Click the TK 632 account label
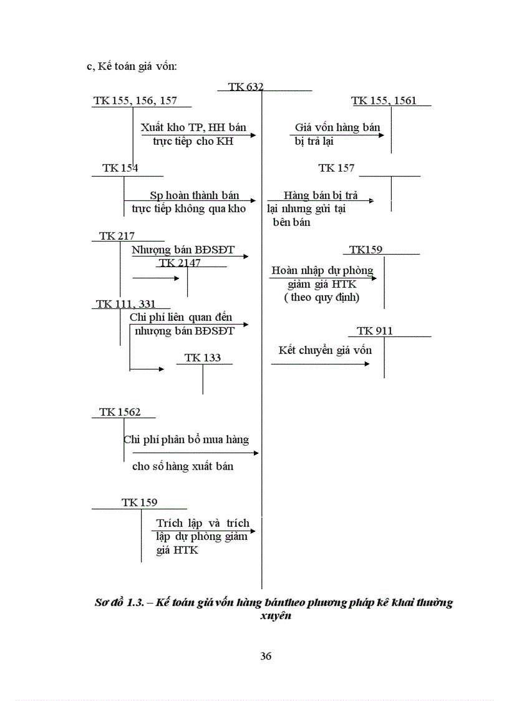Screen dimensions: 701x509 [246, 87]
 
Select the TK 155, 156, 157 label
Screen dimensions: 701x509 [135, 100]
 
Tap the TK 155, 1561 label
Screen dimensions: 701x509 [384, 100]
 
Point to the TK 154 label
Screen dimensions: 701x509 [120, 168]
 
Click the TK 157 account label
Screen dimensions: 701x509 [336, 168]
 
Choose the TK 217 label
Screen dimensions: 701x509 [117, 236]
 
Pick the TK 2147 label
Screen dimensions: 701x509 [180, 263]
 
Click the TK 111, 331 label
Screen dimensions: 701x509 [125, 304]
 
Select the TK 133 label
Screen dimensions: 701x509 [203, 358]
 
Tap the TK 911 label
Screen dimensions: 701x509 [375, 331]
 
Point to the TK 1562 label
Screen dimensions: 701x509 [120, 412]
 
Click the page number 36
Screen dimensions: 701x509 [266, 656]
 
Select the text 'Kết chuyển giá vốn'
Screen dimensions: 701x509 [325, 350]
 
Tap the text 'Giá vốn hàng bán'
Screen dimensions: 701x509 [337, 128]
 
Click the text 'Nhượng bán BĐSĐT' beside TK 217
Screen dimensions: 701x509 [183, 250]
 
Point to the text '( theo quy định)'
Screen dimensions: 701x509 [322, 297]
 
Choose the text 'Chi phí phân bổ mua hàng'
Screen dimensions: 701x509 [187, 439]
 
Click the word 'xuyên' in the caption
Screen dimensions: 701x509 [275, 615]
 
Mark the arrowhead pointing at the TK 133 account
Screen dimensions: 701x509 [162, 369]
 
